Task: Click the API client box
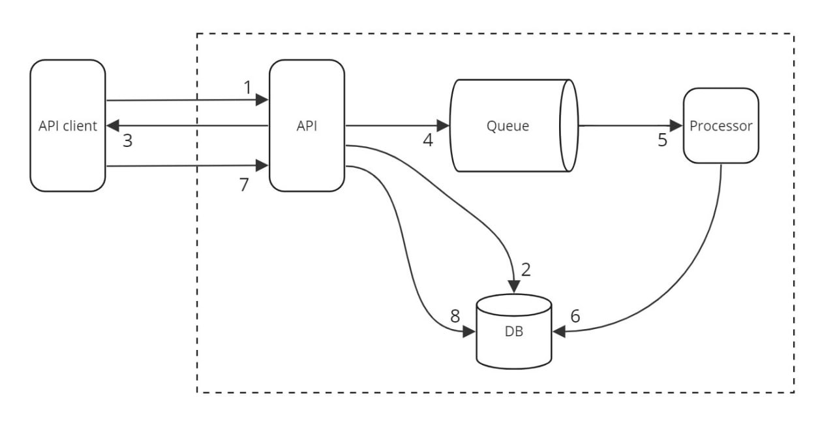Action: point(67,125)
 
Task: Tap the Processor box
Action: point(721,125)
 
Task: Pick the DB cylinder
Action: point(514,330)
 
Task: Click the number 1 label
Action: point(247,87)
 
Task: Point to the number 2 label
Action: point(526,269)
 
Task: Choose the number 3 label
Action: point(127,140)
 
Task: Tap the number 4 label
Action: point(428,140)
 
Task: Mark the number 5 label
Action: point(663,140)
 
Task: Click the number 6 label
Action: point(575,316)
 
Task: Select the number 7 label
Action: point(244,185)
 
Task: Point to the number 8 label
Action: point(455,316)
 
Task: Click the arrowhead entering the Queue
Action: point(444,125)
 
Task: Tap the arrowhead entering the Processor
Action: point(676,125)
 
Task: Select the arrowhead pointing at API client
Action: point(112,125)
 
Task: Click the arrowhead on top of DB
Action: point(514,287)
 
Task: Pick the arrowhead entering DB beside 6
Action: point(559,332)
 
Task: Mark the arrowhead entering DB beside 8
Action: point(469,332)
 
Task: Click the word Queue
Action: point(508,126)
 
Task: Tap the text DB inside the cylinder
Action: point(514,332)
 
